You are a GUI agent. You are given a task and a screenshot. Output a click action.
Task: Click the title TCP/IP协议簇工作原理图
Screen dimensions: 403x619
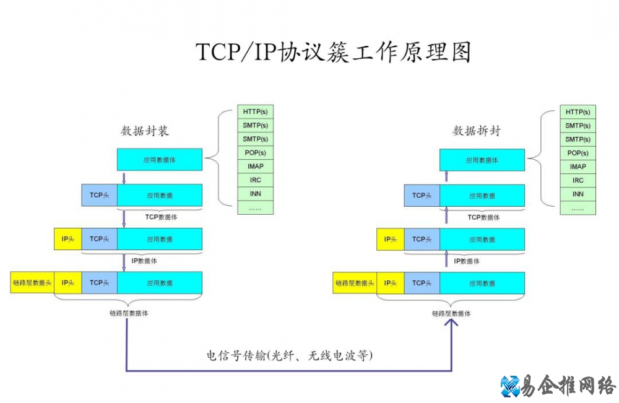tap(334, 52)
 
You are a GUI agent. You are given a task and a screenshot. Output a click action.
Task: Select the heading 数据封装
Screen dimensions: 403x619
tap(145, 131)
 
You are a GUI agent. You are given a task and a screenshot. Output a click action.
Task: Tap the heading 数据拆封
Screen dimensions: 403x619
tap(476, 131)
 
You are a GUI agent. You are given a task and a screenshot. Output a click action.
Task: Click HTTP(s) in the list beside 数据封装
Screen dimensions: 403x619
tap(256, 112)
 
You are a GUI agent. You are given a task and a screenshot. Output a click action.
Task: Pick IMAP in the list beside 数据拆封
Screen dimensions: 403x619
tap(578, 167)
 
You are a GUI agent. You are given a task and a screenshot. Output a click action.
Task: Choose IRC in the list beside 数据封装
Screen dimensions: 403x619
tap(256, 180)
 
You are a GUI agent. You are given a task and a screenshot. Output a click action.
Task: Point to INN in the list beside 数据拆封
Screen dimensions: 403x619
tap(578, 194)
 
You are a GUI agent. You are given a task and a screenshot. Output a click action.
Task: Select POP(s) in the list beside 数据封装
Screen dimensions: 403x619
tap(256, 153)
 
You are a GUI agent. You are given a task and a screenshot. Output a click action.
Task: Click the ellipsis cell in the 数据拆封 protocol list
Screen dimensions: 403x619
tap(578, 208)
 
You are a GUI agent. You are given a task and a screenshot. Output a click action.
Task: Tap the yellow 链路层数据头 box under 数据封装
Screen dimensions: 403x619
tap(32, 283)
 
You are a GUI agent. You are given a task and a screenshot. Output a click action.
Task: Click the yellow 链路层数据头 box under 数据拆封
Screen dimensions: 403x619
tap(355, 283)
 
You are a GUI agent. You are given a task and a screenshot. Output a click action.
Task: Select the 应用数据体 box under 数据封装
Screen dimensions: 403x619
tap(159, 160)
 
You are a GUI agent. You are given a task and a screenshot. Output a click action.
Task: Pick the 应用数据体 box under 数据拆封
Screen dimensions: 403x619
tap(482, 160)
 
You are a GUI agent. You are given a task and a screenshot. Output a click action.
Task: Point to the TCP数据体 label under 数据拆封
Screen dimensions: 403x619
tap(483, 217)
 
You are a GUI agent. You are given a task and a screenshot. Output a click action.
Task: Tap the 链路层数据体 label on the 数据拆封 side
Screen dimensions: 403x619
tap(451, 314)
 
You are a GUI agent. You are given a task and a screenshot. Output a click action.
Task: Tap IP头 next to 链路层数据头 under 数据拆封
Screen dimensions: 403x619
tap(390, 283)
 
